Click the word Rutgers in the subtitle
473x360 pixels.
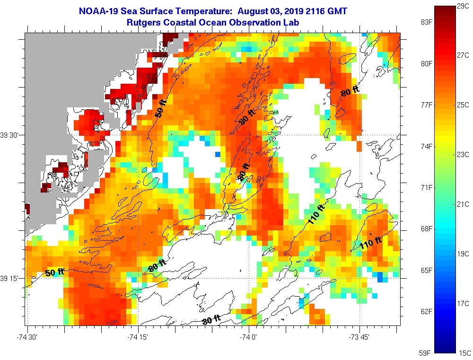coord(143,22)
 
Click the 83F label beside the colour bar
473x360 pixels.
coord(427,22)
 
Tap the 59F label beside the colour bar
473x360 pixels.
coord(427,353)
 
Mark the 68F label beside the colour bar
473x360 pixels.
coord(427,229)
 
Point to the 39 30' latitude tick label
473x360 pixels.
coord(11,135)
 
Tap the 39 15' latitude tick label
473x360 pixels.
coord(11,278)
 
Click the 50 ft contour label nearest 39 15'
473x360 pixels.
coord(54,272)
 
